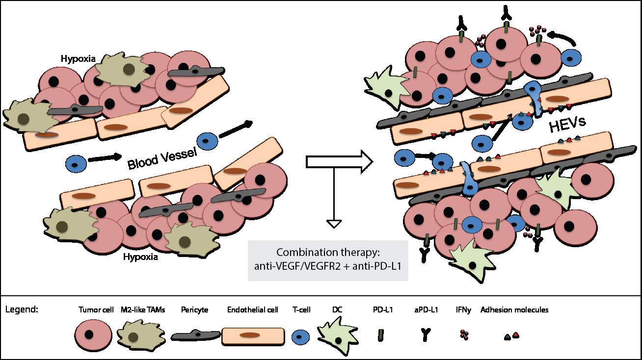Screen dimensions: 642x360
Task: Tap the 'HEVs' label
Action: (567, 125)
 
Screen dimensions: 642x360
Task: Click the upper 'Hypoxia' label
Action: (78, 59)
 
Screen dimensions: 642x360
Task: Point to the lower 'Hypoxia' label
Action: (140, 257)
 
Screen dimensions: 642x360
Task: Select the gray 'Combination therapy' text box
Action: (328, 260)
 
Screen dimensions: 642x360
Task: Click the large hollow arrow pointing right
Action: (340, 161)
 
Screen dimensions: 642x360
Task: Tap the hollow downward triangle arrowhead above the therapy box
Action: (334, 224)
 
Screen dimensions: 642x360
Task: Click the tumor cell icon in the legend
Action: (93, 335)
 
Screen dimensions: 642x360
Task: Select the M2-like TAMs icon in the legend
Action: (141, 336)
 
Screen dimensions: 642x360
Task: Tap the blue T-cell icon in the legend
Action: (301, 336)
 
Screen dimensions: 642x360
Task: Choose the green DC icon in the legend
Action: (338, 335)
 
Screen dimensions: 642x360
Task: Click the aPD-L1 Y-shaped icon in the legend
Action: (426, 334)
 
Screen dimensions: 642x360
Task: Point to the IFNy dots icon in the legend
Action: (464, 334)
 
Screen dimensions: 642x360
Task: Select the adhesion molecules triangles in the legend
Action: (511, 335)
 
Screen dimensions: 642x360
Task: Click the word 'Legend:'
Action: (22, 310)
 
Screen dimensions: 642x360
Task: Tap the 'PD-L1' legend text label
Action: (383, 309)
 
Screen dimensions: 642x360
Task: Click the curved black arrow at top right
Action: (561, 39)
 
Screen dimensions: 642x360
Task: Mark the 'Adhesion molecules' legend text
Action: (514, 309)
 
